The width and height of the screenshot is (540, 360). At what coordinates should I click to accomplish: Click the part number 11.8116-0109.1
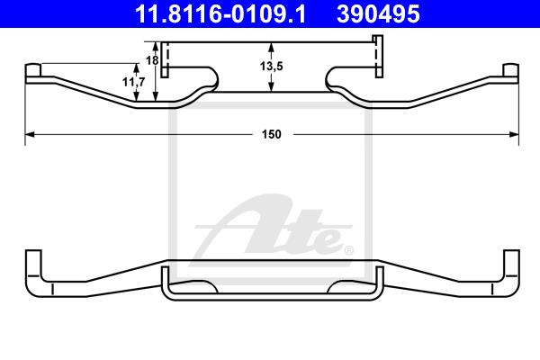(220, 13)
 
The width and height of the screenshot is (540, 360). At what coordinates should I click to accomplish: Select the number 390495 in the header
(378, 13)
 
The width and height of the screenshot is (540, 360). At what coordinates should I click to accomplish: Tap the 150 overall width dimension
(272, 134)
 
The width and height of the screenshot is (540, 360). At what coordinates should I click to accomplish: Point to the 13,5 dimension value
(272, 66)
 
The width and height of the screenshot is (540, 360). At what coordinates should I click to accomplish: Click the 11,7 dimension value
(134, 82)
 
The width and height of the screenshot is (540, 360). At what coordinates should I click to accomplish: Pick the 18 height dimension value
(152, 60)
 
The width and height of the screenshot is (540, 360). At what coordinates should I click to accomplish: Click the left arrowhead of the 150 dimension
(30, 134)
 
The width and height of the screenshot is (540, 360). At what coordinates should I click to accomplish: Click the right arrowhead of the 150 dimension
(514, 134)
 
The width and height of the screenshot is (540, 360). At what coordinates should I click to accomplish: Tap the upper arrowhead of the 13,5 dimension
(272, 47)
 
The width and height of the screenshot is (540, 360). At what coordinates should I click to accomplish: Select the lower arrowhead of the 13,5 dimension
(272, 87)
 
